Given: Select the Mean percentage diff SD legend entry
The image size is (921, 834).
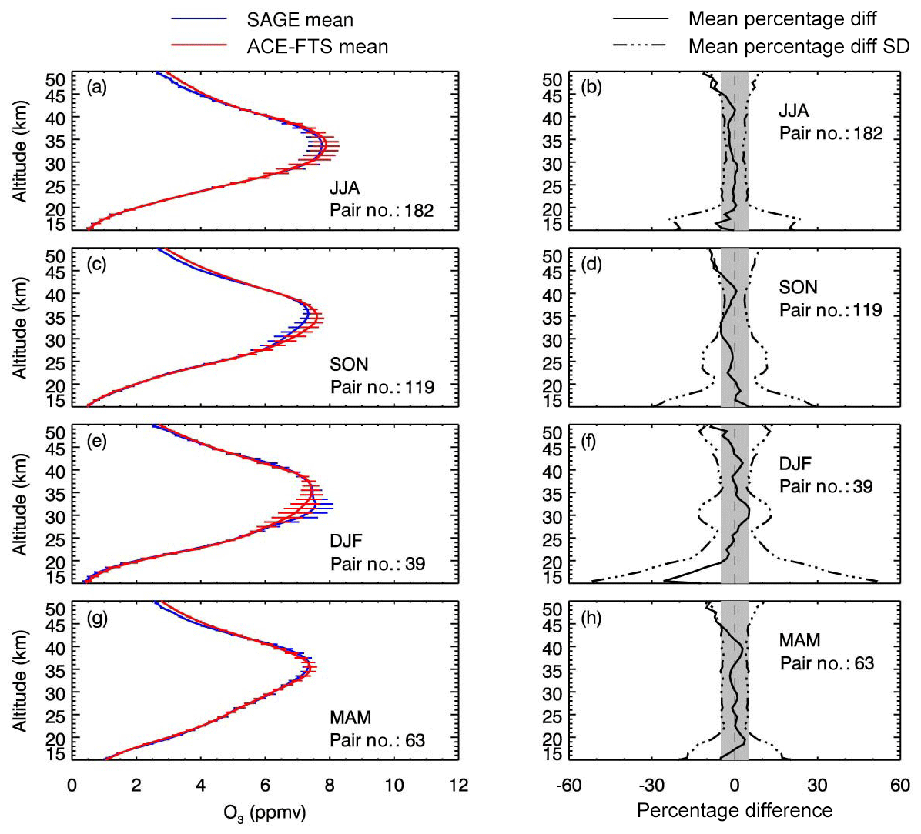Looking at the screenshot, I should (x=799, y=46).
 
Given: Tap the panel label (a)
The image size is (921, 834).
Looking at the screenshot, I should (x=97, y=87).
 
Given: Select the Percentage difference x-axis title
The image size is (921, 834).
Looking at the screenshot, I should (x=735, y=810).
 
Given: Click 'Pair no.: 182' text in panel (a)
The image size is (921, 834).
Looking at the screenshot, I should (x=382, y=210).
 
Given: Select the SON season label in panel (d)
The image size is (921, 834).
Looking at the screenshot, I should (x=798, y=288).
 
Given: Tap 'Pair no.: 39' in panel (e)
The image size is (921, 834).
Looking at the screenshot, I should (x=377, y=564).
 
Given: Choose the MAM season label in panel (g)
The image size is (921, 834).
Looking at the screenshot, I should (x=350, y=718).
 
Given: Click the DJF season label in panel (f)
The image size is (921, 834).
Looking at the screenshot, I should (x=796, y=464).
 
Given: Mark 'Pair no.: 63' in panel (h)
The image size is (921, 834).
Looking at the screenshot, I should (x=827, y=663).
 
